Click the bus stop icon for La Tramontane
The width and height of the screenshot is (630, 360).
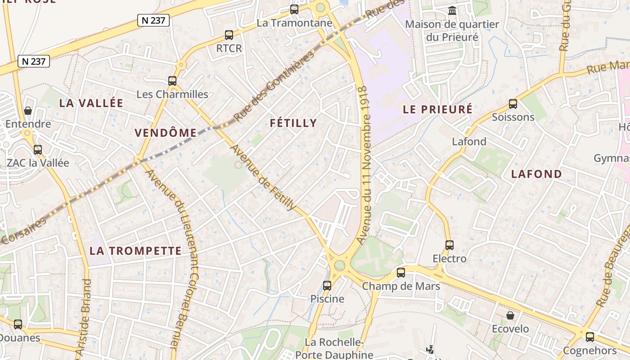(x=294, y=9)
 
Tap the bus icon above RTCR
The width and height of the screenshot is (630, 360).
(x=229, y=35)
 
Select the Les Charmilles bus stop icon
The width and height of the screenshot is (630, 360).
(x=172, y=81)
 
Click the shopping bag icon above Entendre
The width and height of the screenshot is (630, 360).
(x=28, y=110)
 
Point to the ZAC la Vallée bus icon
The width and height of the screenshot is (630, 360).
(x=38, y=149)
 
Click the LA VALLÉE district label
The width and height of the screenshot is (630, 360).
(x=91, y=103)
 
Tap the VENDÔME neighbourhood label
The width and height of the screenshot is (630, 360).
(x=166, y=133)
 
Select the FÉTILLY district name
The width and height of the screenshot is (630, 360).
(x=293, y=123)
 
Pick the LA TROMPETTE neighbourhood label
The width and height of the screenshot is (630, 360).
(x=135, y=251)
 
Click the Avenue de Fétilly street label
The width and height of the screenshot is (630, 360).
(x=264, y=178)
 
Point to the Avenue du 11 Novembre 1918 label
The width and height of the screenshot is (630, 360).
(x=365, y=166)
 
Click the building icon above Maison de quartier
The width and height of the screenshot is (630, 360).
(x=452, y=10)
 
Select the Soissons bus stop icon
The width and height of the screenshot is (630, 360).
(x=513, y=104)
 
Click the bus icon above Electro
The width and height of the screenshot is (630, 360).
(x=450, y=245)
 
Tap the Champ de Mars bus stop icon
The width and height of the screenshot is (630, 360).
(x=401, y=272)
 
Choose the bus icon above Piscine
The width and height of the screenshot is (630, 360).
(x=327, y=285)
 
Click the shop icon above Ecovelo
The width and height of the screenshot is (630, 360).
(x=510, y=315)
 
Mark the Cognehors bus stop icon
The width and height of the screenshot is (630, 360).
(x=590, y=337)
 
